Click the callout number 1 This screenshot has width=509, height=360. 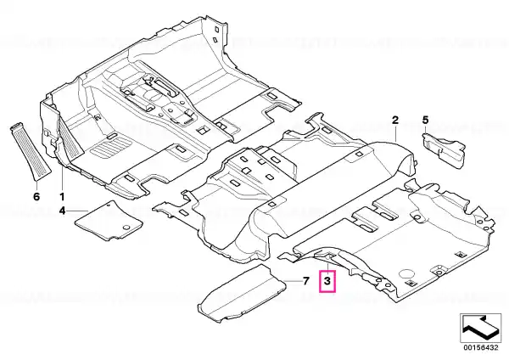point(61,197)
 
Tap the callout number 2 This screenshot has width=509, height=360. point(395,121)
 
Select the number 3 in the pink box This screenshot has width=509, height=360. point(327,281)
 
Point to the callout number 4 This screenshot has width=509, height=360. point(62,211)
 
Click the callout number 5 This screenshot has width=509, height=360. point(425,121)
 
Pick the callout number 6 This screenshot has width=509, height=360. point(36,197)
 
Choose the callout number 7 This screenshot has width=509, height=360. point(305,281)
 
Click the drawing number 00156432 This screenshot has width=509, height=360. point(481,347)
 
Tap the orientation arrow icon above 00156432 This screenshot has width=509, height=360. point(481,328)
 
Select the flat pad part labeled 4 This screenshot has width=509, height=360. point(109,221)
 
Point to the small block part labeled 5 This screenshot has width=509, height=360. point(444,149)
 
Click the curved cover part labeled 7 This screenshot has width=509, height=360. point(243,293)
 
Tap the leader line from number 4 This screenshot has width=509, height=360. point(77,211)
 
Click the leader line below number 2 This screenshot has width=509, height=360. point(395,133)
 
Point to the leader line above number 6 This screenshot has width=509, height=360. point(36,185)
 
